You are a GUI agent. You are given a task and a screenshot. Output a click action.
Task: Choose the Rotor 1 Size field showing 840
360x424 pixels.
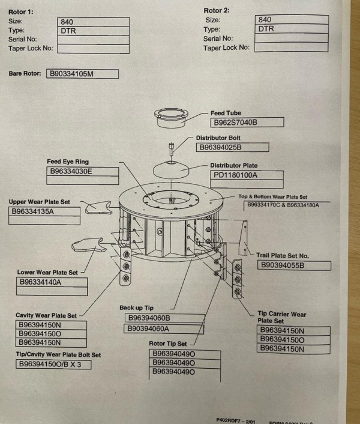click(x=94, y=22)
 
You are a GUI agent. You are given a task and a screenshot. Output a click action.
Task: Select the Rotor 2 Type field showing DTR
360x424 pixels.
click(x=291, y=29)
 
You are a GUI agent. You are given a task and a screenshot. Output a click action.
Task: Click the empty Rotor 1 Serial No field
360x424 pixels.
click(x=94, y=40)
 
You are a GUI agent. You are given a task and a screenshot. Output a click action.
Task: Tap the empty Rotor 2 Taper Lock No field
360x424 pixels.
click(x=291, y=47)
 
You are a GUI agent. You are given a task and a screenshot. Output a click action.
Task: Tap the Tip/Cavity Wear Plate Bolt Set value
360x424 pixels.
click(x=53, y=365)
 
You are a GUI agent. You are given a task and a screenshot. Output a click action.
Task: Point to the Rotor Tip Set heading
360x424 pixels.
click(x=168, y=344)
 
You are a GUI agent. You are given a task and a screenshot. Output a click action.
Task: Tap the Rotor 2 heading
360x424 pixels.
click(x=217, y=11)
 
